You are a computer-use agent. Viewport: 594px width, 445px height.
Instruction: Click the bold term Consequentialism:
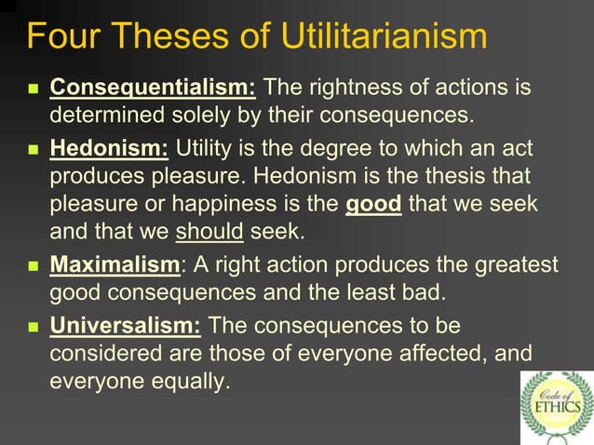coord(153,88)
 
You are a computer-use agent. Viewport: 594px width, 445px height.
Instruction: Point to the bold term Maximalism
coord(115,265)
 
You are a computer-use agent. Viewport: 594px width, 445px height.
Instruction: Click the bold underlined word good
coord(373,205)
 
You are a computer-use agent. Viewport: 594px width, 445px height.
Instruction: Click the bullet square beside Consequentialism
coord(33,90)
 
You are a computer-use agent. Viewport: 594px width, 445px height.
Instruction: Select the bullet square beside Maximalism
coord(33,267)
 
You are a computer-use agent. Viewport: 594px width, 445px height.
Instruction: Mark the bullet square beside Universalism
coord(33,328)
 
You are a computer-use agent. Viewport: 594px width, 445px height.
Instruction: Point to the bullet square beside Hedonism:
coord(33,150)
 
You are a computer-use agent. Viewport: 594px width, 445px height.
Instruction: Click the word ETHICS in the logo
coord(557,406)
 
